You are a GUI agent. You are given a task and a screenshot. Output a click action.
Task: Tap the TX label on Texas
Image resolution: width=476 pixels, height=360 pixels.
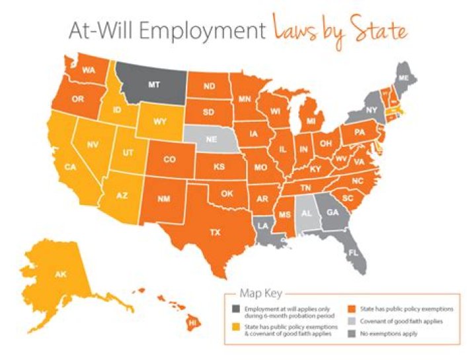[x=215, y=232]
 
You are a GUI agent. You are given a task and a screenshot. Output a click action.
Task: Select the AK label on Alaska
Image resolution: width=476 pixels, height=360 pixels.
[x=61, y=274]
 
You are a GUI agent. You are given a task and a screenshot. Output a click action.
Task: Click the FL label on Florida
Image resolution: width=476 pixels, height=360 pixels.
[x=354, y=252]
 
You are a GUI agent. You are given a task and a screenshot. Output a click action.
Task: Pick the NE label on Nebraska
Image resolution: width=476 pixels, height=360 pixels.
[x=212, y=140]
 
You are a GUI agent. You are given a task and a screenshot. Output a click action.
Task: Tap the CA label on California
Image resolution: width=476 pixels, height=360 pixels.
[x=70, y=167]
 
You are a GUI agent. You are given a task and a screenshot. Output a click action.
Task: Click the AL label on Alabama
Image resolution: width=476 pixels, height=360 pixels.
[x=306, y=214]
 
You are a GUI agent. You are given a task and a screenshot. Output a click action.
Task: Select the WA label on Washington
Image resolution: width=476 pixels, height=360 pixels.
[x=86, y=70]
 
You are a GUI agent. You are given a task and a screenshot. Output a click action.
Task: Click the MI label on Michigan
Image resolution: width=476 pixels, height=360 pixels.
[x=309, y=122]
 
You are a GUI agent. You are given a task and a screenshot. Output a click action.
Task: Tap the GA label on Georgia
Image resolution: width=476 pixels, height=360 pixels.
[x=333, y=213]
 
